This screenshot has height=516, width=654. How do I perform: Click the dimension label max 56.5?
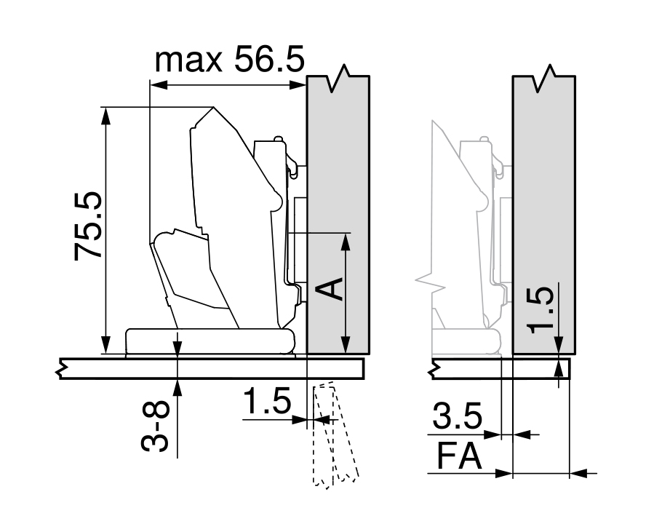[x=229, y=60]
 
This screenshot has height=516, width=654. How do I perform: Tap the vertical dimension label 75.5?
[x=87, y=226]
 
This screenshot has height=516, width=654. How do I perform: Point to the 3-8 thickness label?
[x=155, y=426]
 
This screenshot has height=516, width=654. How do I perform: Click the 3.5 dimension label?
[x=457, y=416]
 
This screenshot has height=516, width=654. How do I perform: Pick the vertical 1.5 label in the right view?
[x=541, y=310]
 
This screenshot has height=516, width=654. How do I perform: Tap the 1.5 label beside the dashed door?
[x=267, y=400]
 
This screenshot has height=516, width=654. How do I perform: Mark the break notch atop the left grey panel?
[x=338, y=78]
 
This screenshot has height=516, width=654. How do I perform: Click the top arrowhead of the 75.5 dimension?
[x=106, y=116]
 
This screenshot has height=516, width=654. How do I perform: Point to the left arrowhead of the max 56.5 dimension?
[x=159, y=85]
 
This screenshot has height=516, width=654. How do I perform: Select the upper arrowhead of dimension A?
[x=345, y=242]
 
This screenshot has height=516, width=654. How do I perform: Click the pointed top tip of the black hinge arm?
[x=213, y=108]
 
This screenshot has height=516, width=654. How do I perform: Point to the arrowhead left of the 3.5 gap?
[x=492, y=434]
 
